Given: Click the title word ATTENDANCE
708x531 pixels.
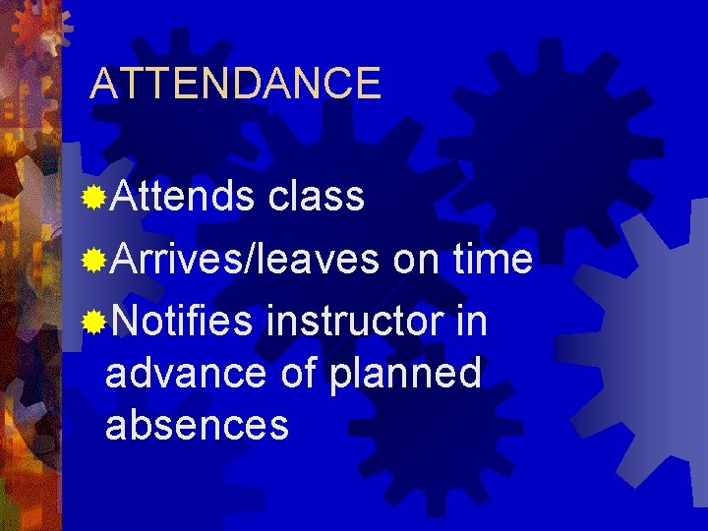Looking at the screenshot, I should coord(235,84).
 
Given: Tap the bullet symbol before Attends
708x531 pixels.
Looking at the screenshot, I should coord(94,198).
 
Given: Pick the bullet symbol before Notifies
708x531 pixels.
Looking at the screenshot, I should coord(94,322).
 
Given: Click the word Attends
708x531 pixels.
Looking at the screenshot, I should coord(182,197).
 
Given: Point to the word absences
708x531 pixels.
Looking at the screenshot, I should coord(197,426).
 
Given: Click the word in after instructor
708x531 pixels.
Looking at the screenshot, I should coord(472,321).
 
